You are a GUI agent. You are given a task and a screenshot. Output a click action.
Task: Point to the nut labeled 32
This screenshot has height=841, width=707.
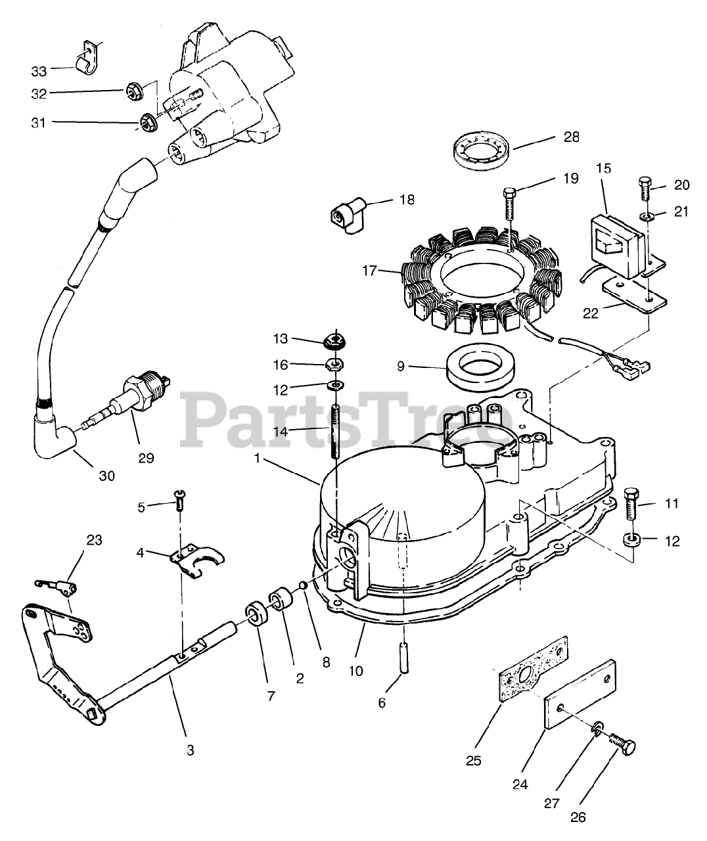pos(133,91)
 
